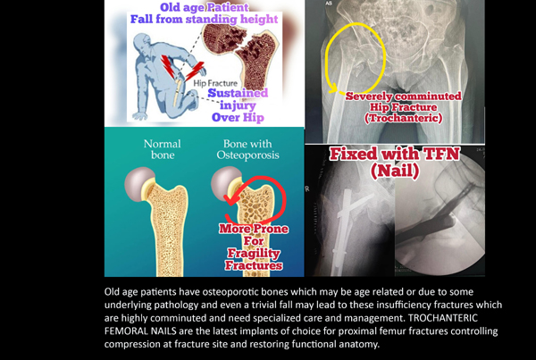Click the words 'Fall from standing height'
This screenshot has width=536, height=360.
204,19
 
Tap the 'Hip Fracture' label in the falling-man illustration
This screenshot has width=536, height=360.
215,83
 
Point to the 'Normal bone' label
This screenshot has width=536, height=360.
163,149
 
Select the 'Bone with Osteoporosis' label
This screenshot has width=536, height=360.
247,149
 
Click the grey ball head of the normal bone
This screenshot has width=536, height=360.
139,184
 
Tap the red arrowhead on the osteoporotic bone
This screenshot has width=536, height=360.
230,200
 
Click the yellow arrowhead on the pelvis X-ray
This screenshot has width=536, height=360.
332,88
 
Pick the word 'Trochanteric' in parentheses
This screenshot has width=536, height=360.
404,118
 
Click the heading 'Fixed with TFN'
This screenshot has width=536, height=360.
395,154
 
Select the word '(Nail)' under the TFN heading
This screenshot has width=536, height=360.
395,171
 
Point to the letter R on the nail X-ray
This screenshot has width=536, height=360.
307,188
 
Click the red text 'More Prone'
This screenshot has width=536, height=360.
254,229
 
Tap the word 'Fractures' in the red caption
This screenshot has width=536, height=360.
254,265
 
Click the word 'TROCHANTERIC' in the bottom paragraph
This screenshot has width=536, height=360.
443,318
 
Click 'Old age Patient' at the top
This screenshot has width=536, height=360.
205,7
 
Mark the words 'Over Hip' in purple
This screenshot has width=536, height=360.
238,117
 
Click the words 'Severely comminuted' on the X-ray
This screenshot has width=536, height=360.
404,96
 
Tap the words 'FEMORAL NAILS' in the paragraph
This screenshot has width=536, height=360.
140,331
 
